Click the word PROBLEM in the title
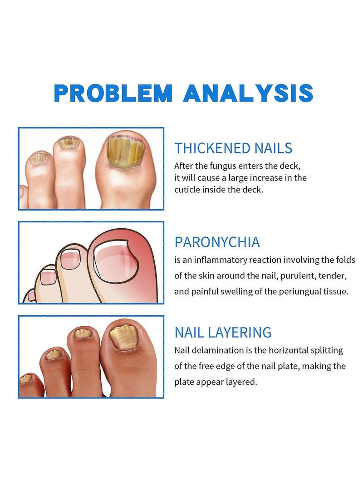[x=113, y=93]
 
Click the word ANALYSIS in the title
[x=249, y=93]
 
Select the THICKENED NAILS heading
[x=233, y=148]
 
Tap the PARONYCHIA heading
[x=217, y=242]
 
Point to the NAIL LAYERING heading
[x=223, y=332]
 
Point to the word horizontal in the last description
[x=290, y=350]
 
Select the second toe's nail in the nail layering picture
[x=83, y=333]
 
